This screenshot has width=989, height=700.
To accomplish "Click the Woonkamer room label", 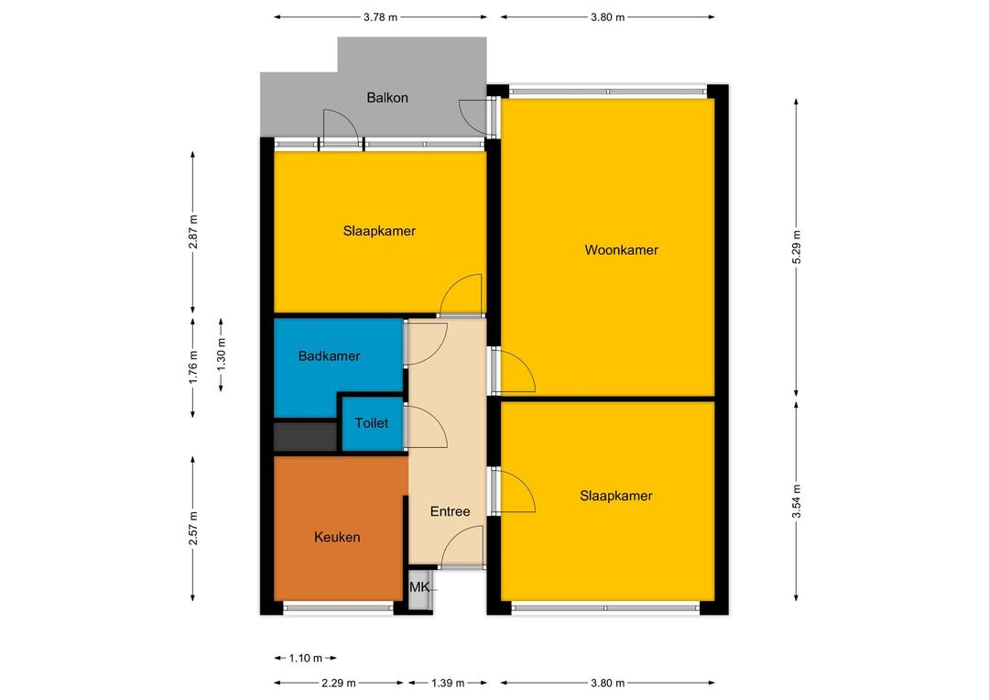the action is pyautogui.click(x=621, y=250).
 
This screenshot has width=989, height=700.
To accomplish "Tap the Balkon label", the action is pyautogui.click(x=387, y=98).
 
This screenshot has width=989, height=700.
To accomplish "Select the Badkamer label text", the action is pyautogui.click(x=330, y=356).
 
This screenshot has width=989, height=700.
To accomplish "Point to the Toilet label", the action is pyautogui.click(x=372, y=423).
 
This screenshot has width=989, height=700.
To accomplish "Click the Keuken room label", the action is pyautogui.click(x=337, y=537).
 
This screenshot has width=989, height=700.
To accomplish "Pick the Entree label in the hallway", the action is pyautogui.click(x=450, y=511).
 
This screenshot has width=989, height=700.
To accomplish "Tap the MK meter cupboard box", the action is pyautogui.click(x=419, y=588).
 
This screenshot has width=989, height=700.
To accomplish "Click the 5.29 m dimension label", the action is pyautogui.click(x=797, y=246).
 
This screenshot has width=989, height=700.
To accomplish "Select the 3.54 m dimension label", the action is pyautogui.click(x=797, y=501).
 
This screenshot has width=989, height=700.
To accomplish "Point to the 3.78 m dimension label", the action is pyautogui.click(x=380, y=17).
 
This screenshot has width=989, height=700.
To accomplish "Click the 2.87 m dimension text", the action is pyautogui.click(x=193, y=232).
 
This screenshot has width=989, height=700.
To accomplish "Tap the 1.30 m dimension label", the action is pyautogui.click(x=221, y=356).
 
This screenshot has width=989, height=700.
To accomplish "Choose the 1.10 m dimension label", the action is pyautogui.click(x=305, y=659).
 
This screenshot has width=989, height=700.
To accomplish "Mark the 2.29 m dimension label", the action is pyautogui.click(x=339, y=683).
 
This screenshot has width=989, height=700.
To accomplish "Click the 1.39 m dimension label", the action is pyautogui.click(x=447, y=683).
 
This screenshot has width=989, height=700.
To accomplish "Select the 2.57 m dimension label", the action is pyautogui.click(x=193, y=529).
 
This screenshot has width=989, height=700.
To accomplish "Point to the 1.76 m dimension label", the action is pyautogui.click(x=193, y=367).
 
